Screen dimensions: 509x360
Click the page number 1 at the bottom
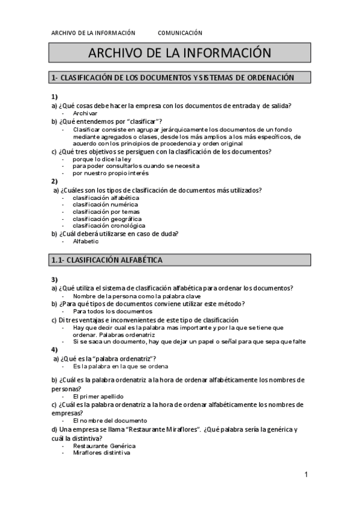pyautogui.click(x=306, y=475)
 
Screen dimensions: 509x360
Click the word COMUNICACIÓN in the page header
pyautogui.click(x=181, y=33)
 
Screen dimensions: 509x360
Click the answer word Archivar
pyautogui.click(x=85, y=113)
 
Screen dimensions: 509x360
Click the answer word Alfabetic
pyautogui.click(x=86, y=241)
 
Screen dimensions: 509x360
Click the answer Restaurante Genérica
pyautogui.click(x=104, y=446)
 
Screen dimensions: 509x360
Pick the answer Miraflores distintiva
pyautogui.click(x=101, y=453)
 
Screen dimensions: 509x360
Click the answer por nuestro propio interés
pyautogui.click(x=110, y=173)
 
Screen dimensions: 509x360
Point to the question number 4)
pyautogui.click(x=55, y=349)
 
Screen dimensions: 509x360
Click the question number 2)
pyautogui.click(x=55, y=181)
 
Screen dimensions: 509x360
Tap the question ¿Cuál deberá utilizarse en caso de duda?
pyautogui.click(x=118, y=233)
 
